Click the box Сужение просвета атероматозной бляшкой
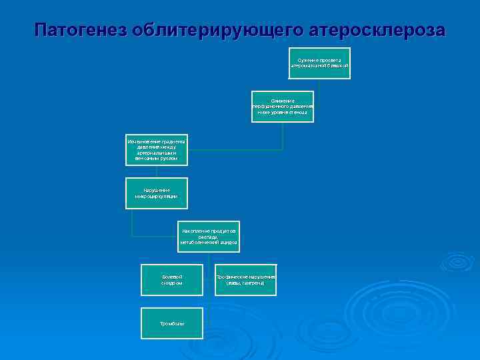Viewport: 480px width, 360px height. point(319,63)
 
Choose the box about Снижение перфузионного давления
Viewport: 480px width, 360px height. point(283,106)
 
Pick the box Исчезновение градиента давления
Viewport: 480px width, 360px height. point(157,150)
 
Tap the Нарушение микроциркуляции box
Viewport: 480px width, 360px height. point(157,193)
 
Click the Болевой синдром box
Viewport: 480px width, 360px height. point(172,279)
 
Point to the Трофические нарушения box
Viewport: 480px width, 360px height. point(245,279)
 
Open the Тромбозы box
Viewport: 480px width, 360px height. point(172,323)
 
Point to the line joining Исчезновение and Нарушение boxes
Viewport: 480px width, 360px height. point(157,171)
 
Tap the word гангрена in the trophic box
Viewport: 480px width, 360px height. point(252,283)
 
